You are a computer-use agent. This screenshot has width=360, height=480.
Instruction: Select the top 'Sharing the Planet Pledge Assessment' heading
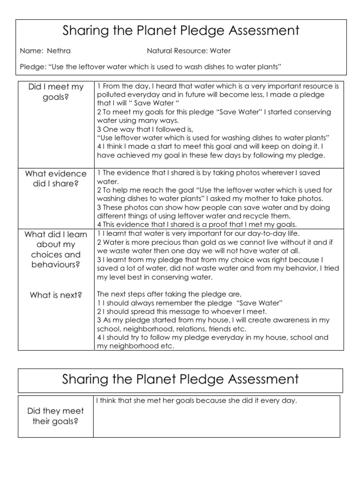[x=181, y=31]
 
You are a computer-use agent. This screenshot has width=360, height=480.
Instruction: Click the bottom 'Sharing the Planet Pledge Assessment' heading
[x=181, y=379]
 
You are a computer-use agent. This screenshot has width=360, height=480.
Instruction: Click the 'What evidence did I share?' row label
[x=56, y=179]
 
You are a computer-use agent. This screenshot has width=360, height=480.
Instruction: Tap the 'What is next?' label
[x=56, y=295]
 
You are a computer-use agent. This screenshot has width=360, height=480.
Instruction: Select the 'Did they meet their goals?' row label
[x=56, y=416]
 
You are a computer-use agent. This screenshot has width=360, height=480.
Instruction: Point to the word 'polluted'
[x=111, y=95]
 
